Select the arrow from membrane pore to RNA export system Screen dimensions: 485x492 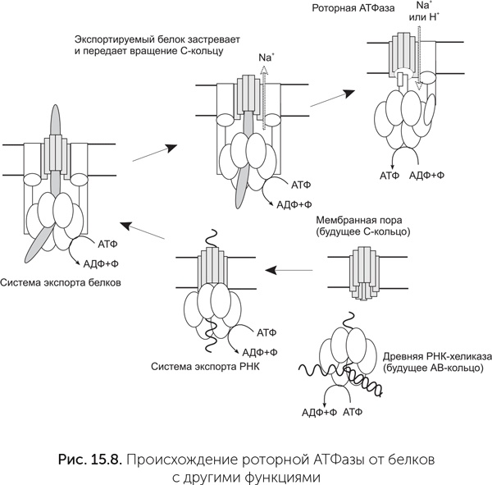click(292, 268)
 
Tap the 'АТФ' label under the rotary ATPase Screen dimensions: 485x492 click(389, 175)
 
